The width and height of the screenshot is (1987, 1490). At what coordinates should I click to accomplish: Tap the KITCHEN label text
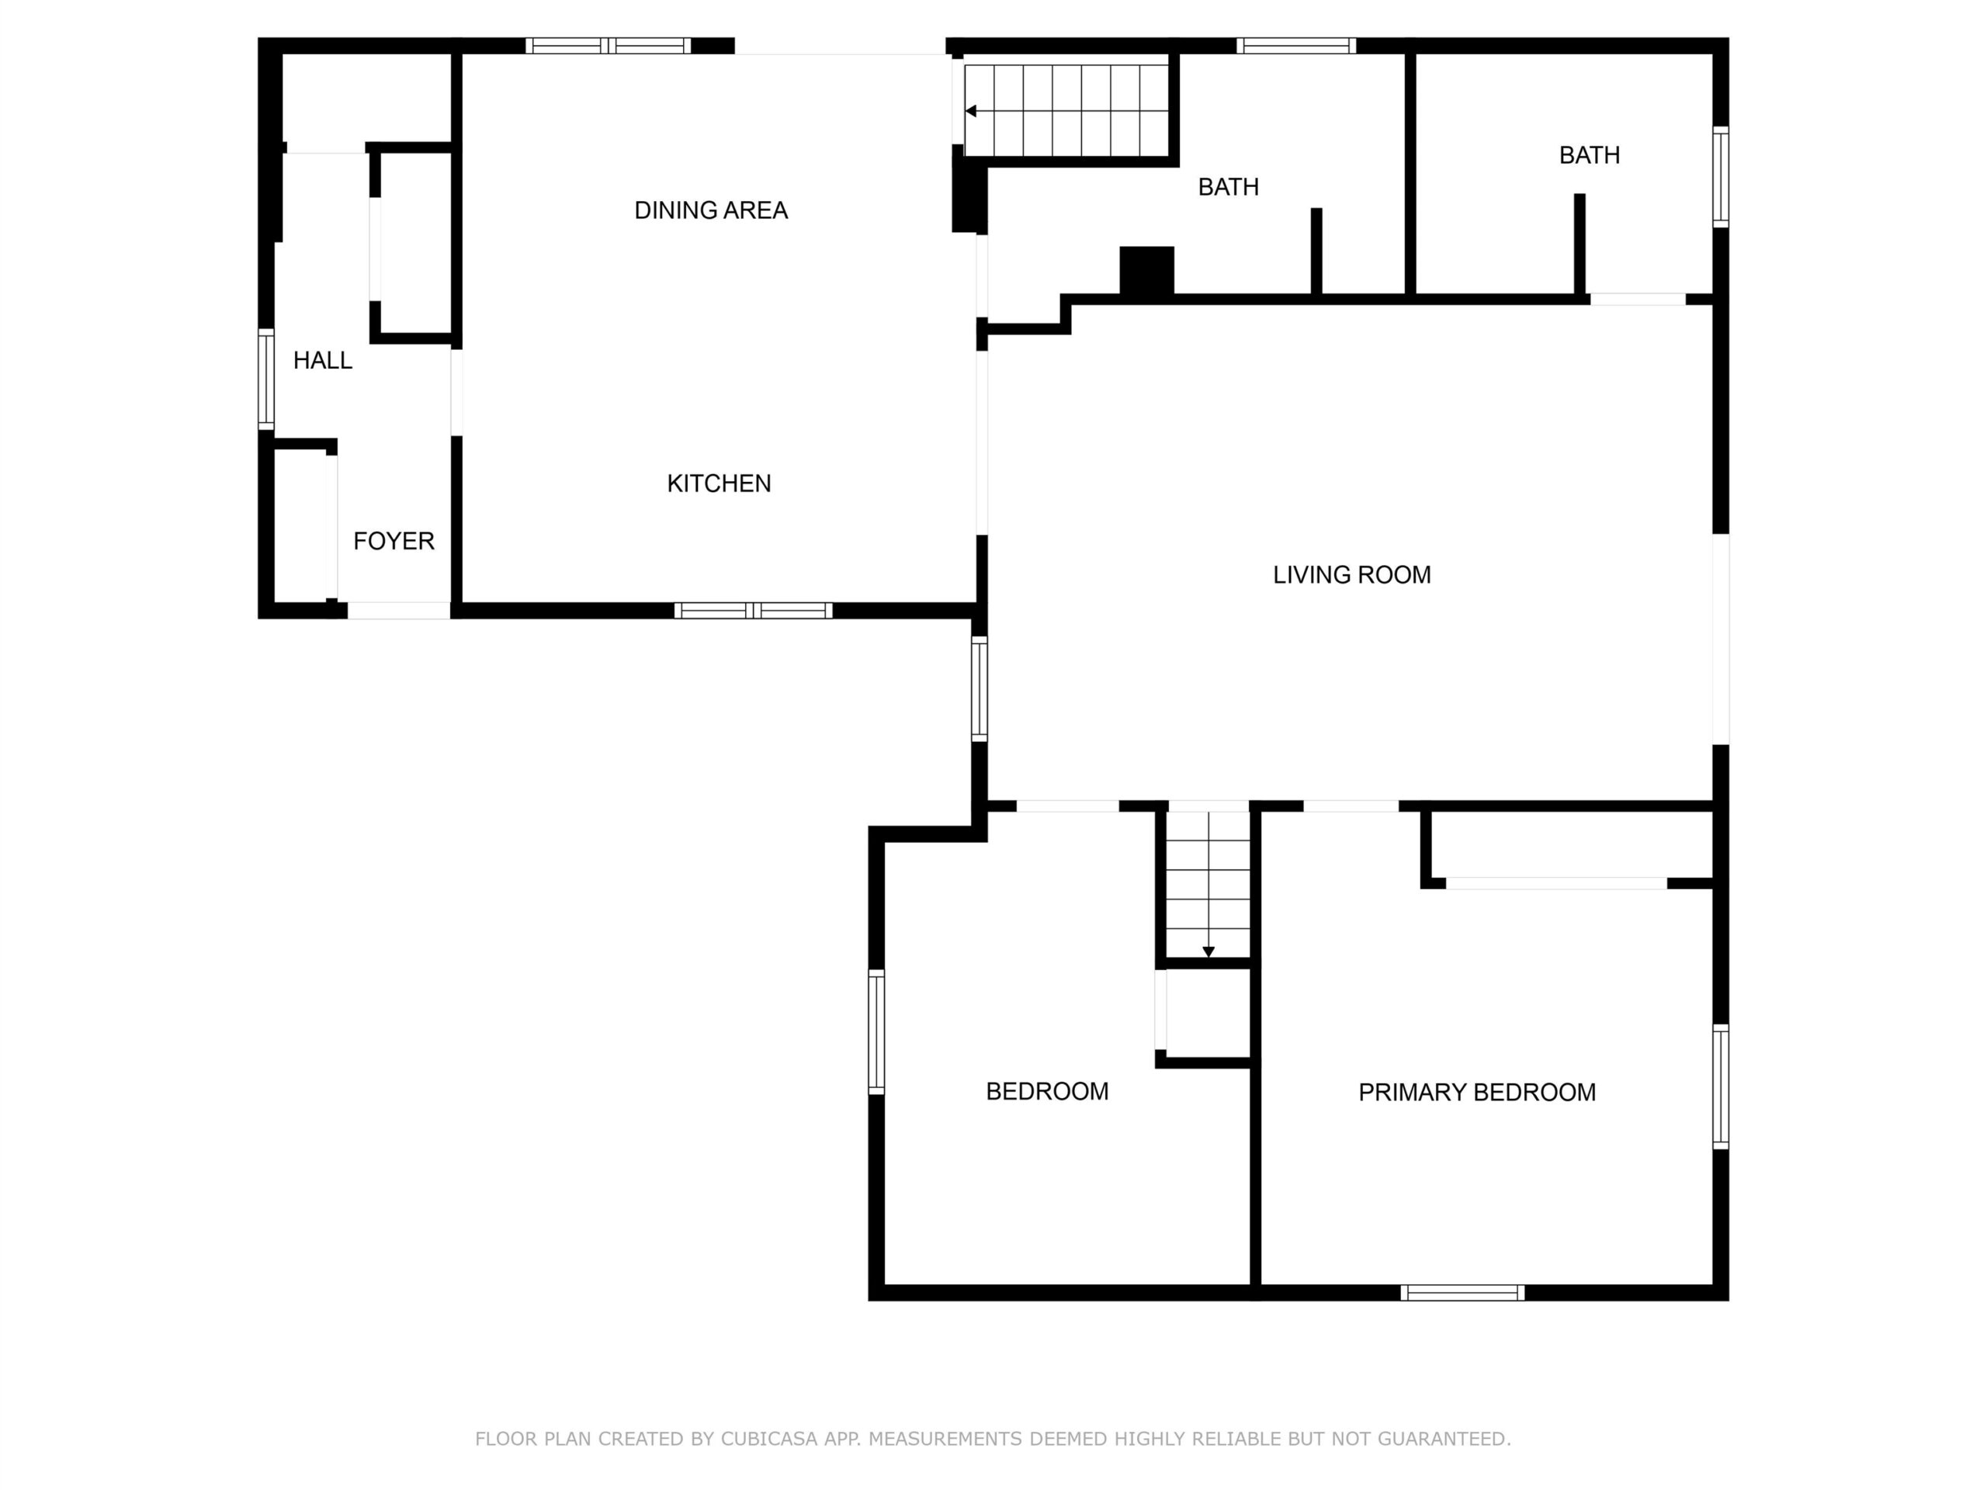pos(719,483)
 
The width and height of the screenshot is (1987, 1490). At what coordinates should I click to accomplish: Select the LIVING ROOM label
pos(1352,575)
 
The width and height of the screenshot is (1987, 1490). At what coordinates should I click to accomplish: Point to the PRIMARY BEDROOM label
pos(1477,1092)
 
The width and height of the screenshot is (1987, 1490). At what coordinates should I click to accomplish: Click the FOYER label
pos(394,541)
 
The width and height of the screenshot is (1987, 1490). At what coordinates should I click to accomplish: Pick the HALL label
pos(322,360)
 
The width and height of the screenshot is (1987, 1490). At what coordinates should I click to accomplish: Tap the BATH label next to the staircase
pos(1228,187)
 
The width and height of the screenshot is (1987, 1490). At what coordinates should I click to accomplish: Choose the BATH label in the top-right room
pos(1589,155)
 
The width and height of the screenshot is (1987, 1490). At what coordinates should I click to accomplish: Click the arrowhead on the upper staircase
pos(971,112)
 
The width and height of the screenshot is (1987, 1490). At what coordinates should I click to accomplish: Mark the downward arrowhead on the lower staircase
pos(1208,952)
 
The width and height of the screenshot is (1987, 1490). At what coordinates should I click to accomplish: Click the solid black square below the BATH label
pos(1146,269)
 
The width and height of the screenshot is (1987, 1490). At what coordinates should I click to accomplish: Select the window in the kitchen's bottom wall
pos(753,611)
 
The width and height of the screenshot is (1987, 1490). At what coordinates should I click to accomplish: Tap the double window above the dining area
pos(609,46)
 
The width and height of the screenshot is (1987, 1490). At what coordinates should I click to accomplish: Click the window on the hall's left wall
pos(266,379)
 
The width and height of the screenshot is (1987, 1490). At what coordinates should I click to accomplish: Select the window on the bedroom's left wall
pos(876,1032)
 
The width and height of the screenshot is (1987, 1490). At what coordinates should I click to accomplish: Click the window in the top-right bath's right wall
pos(1720,177)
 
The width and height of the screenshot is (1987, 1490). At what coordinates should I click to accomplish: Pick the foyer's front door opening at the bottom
pos(399,611)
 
